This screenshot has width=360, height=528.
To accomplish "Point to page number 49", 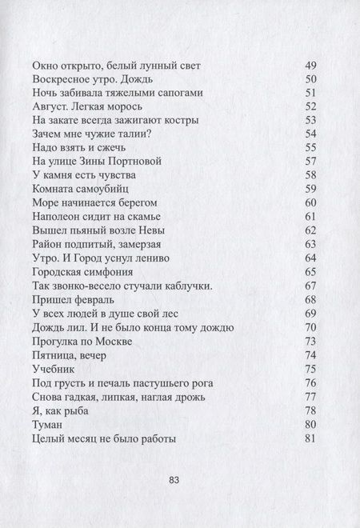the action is [x=313, y=64].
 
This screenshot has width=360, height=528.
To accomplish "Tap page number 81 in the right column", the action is [x=313, y=438].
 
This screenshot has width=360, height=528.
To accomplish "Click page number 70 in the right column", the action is [x=313, y=328].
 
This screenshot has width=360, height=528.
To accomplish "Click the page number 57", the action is [x=313, y=162].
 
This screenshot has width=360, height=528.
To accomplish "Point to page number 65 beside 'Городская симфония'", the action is [x=313, y=272].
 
